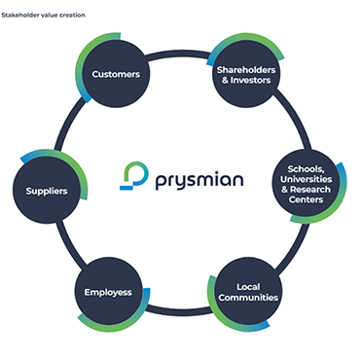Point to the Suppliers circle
pyautogui.click(x=47, y=191)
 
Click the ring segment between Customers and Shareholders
pyautogui.click(x=180, y=51)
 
